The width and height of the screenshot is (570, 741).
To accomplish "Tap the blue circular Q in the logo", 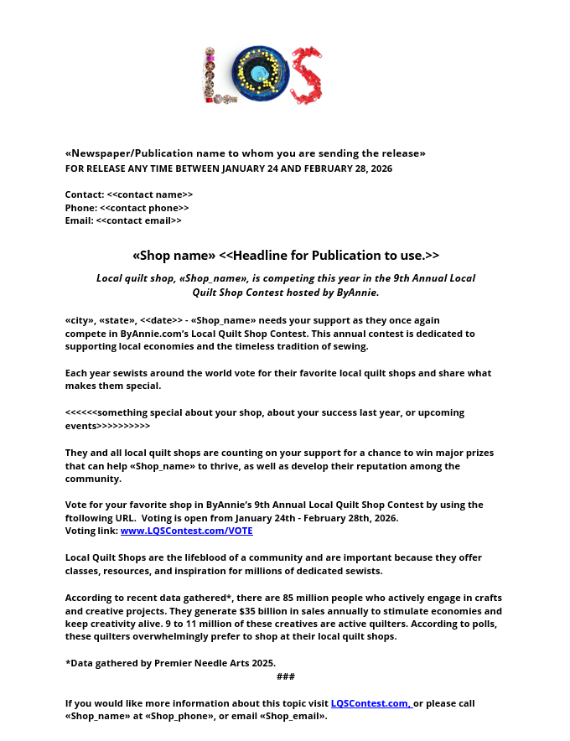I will pyautogui.click(x=260, y=74).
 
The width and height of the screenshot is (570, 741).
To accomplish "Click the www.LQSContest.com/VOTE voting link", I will pyautogui.click(x=186, y=531).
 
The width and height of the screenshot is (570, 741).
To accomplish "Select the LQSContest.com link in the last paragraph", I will pyautogui.click(x=370, y=703).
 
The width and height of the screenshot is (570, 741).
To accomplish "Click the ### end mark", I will pyautogui.click(x=285, y=676).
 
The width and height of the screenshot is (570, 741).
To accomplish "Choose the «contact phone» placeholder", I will pyautogui.click(x=144, y=208).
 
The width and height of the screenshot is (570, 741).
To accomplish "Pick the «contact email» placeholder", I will pyautogui.click(x=138, y=221).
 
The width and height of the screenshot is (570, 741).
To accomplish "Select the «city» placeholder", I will pyautogui.click(x=80, y=320).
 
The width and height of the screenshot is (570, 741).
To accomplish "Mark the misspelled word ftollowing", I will pyautogui.click(x=90, y=518).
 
